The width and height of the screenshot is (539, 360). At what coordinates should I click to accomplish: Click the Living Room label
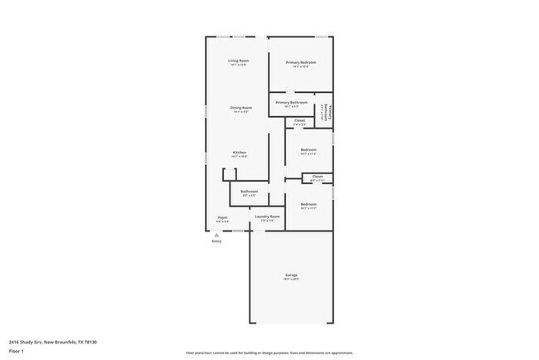pyautogui.click(x=239, y=61)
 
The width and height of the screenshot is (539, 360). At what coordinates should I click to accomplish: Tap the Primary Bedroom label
pyautogui.click(x=302, y=62)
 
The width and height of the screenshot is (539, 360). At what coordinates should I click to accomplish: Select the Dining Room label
pyautogui.click(x=241, y=107)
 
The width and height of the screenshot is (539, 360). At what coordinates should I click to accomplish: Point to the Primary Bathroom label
pyautogui.click(x=291, y=102)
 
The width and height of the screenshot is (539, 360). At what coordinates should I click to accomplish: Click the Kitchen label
pyautogui.click(x=239, y=152)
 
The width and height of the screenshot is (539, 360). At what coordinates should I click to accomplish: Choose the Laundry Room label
pyautogui.click(x=267, y=216)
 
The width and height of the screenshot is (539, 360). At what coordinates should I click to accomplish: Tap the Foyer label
pyautogui.click(x=222, y=217)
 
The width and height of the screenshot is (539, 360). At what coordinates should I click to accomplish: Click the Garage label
pyautogui.click(x=292, y=275)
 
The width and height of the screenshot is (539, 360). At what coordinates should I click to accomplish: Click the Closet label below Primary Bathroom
pyautogui.click(x=299, y=120)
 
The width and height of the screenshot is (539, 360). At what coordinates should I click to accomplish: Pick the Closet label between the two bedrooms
pyautogui.click(x=317, y=176)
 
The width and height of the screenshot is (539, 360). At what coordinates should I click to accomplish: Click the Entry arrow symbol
pyautogui.click(x=217, y=235)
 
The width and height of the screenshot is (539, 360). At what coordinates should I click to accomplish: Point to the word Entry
pyautogui.click(x=217, y=241)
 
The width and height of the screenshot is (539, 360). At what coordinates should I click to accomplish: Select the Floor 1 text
pyautogui.click(x=17, y=351)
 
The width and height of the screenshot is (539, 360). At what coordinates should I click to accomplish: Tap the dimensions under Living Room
pyautogui.click(x=239, y=66)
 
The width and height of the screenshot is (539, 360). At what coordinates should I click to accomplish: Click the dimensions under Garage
pyautogui.click(x=292, y=280)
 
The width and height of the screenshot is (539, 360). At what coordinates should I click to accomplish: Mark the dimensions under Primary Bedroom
pyautogui.click(x=302, y=67)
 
